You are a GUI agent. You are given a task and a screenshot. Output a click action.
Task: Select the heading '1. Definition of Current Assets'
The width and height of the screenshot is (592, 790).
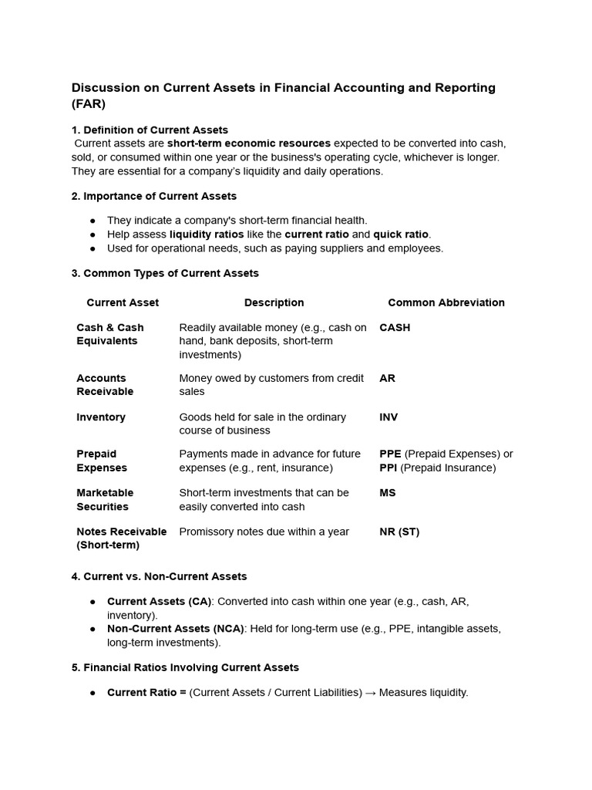click(x=150, y=130)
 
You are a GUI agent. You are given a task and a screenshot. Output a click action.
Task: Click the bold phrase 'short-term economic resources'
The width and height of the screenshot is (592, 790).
click(x=249, y=143)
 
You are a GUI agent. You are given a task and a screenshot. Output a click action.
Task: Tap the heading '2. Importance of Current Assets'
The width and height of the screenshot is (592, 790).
click(x=154, y=196)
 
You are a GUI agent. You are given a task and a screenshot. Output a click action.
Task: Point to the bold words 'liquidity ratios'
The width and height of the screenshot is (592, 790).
click(x=207, y=235)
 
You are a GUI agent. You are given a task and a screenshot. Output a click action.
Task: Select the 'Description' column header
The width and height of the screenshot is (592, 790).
click(x=274, y=302)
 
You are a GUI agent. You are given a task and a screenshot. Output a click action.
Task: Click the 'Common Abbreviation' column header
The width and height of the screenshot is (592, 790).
click(x=446, y=302)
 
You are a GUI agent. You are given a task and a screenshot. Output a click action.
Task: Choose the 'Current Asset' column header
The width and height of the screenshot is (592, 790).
click(x=123, y=302)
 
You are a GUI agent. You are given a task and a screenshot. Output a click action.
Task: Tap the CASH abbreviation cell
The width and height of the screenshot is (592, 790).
click(x=395, y=327)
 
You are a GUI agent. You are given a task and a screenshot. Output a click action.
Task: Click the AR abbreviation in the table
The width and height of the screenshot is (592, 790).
click(x=387, y=378)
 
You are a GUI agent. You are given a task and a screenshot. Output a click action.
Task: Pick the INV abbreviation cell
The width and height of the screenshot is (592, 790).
click(x=388, y=417)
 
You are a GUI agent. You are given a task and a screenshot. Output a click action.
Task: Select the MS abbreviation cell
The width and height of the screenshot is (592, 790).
click(x=387, y=492)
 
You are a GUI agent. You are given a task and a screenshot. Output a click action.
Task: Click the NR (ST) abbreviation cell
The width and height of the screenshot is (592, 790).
click(x=399, y=532)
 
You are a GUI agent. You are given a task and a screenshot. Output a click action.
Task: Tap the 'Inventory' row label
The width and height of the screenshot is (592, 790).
click(x=101, y=417)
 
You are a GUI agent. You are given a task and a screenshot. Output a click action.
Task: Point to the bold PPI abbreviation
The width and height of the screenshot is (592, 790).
click(x=388, y=468)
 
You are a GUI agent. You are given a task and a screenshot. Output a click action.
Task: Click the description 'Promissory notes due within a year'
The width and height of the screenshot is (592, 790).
click(x=264, y=532)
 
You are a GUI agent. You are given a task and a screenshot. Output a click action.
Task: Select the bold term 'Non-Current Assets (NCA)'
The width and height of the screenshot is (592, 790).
click(x=175, y=629)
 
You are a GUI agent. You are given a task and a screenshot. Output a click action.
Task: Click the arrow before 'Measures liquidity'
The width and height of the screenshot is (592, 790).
click(x=370, y=693)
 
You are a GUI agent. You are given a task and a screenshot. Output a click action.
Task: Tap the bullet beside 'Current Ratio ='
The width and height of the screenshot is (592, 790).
click(x=92, y=693)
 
